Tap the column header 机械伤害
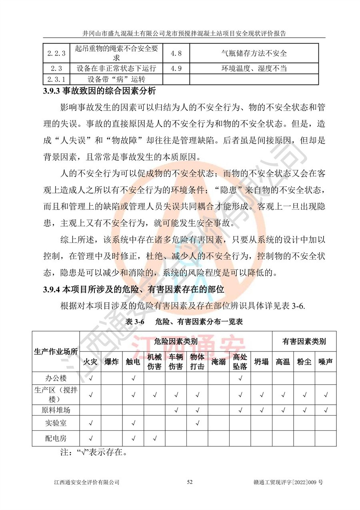click(154, 361)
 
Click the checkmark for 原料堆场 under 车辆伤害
click(176, 410)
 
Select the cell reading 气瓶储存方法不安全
click(254, 53)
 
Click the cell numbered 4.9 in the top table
click(176, 68)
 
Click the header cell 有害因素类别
click(304, 341)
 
